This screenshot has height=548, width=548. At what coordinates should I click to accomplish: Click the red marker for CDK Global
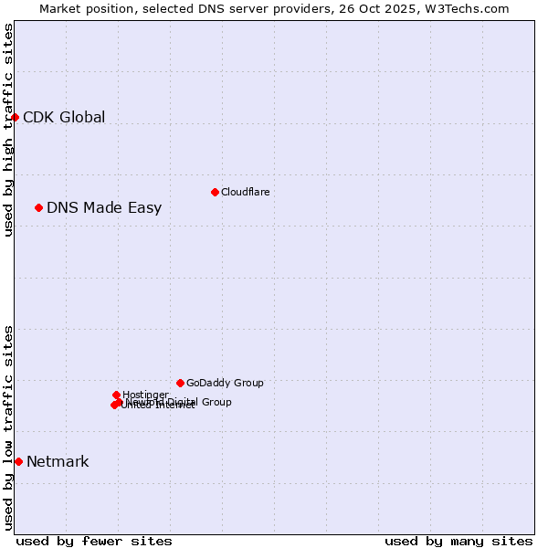16,117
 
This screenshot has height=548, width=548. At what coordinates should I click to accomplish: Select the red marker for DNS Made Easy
39,207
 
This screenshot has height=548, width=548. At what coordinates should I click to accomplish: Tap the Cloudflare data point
215,192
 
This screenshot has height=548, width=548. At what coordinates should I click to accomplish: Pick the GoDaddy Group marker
180,383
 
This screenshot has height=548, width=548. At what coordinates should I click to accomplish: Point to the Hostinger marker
116,395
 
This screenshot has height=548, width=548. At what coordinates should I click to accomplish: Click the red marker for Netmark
18,461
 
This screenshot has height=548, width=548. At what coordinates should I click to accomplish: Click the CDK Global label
64,117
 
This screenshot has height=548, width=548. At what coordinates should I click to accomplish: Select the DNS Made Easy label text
104,207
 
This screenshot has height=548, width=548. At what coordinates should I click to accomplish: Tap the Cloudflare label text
245,192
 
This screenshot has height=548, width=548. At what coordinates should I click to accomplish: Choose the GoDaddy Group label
225,383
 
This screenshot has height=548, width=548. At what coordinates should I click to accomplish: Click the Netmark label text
58,461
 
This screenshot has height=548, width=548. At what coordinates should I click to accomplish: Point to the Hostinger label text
146,395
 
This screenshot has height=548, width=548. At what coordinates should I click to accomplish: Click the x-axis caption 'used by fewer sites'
94,541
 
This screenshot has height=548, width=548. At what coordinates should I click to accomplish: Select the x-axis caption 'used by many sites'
458,541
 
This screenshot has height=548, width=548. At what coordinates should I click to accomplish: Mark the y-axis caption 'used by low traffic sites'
8,427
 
